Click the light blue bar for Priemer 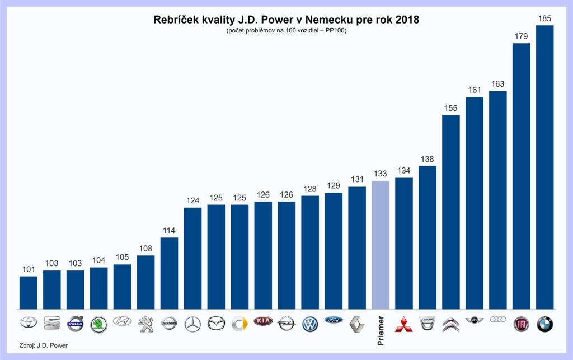pyautogui.click(x=381, y=245)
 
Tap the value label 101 pyautogui.click(x=29, y=269)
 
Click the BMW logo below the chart pyautogui.click(x=544, y=324)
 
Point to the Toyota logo pyautogui.click(x=29, y=323)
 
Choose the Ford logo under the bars pyautogui.click(x=334, y=321)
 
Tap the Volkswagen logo pyautogui.click(x=310, y=323)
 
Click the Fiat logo pyautogui.click(x=521, y=324)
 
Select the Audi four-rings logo pyautogui.click(x=497, y=319)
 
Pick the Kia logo pyautogui.click(x=263, y=321)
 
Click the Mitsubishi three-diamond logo pyautogui.click(x=404, y=324)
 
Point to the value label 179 pyautogui.click(x=521, y=36)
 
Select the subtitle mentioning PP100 pyautogui.click(x=286, y=30)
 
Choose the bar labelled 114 pyautogui.click(x=170, y=273)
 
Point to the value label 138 pyautogui.click(x=428, y=159)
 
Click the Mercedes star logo pyautogui.click(x=192, y=323)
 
